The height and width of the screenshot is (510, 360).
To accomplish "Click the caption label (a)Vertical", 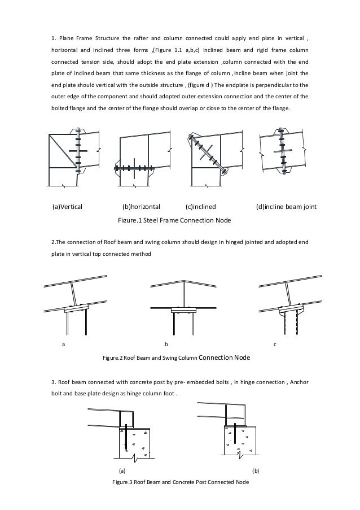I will [67, 206].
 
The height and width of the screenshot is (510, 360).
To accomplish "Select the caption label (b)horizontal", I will [141, 206].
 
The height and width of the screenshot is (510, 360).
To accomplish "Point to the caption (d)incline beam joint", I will [286, 206].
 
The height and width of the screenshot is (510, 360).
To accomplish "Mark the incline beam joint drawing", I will [282, 152].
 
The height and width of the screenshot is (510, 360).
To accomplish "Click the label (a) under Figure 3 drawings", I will [121, 470].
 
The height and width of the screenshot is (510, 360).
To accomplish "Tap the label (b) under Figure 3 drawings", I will [256, 470].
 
